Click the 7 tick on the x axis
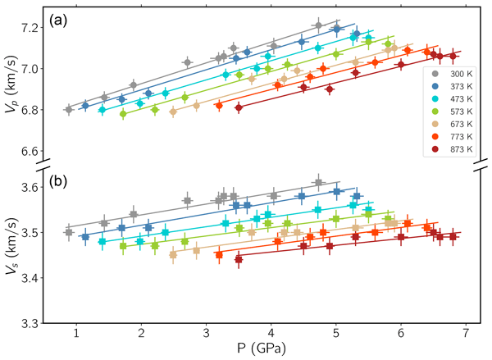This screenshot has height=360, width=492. [466, 335]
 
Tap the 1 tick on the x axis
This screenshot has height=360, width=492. [76, 335]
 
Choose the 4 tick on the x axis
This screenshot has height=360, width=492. [271, 335]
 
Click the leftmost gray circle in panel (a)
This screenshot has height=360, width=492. [69, 109]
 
